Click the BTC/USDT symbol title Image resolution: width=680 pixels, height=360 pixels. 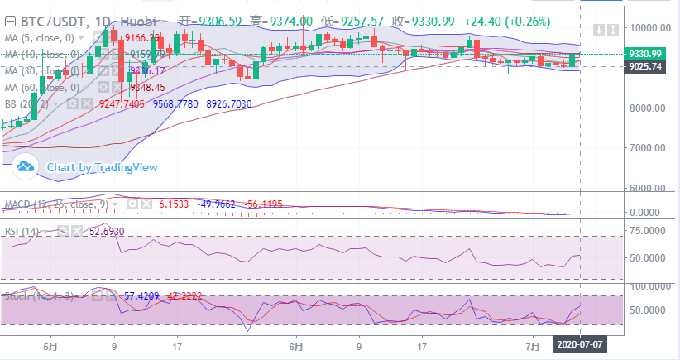[51, 20]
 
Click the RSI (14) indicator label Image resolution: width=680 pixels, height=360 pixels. [22, 231]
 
